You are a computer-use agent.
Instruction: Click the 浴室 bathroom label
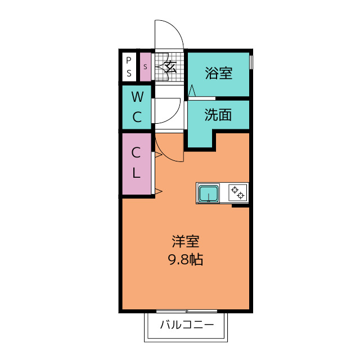pyautogui.click(x=219, y=73)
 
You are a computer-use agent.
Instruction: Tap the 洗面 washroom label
pyautogui.click(x=218, y=115)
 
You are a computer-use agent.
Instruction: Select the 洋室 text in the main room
pyautogui.click(x=186, y=241)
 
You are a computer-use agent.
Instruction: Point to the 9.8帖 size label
pyautogui.click(x=186, y=260)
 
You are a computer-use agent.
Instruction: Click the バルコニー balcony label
pyautogui.click(x=187, y=325)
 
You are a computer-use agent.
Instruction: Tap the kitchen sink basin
pyautogui.click(x=209, y=193)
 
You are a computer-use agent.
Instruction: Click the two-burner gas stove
pyautogui.click(x=238, y=192)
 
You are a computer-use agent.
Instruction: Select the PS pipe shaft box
pyautogui.click(x=129, y=67)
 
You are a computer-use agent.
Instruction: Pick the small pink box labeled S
pyautogui.click(x=145, y=67)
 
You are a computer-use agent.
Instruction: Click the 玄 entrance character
pyautogui.click(x=170, y=66)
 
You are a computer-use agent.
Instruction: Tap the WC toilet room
pyautogui.click(x=137, y=107)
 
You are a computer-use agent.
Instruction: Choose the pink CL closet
pyautogui.click(x=137, y=164)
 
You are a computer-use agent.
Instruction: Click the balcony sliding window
pyautogui.click(x=187, y=311)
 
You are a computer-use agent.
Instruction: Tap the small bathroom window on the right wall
pyautogui.click(x=251, y=62)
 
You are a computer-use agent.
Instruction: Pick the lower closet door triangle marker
pyautogui.click(x=159, y=191)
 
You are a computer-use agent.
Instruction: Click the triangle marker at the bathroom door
pyautogui.click(x=192, y=91)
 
